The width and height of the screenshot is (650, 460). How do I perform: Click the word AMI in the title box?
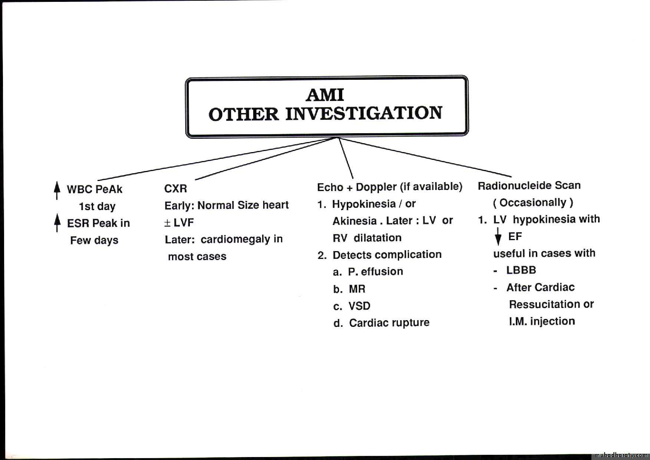point(325,95)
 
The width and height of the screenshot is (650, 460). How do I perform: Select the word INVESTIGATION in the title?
point(364,113)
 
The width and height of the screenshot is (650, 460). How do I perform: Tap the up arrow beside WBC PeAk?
point(57,190)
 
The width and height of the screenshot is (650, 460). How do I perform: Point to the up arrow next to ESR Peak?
point(57,223)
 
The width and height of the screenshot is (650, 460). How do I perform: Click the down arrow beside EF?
point(498,236)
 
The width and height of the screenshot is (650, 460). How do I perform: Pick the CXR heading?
point(175,188)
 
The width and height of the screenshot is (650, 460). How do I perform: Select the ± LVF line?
point(179,223)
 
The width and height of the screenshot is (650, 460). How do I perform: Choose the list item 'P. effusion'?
point(375,272)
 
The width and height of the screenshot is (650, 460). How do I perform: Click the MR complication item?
point(357,289)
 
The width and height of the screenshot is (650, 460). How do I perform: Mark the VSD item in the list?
point(359,306)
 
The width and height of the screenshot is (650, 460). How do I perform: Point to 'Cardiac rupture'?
point(389,323)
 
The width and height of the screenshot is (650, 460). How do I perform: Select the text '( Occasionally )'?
point(533,203)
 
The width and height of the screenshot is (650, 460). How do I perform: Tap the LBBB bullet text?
point(521,270)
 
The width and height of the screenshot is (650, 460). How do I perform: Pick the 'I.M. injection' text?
point(542,321)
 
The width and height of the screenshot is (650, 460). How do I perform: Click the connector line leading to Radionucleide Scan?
point(425,157)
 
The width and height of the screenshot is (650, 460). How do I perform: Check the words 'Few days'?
point(94,240)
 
